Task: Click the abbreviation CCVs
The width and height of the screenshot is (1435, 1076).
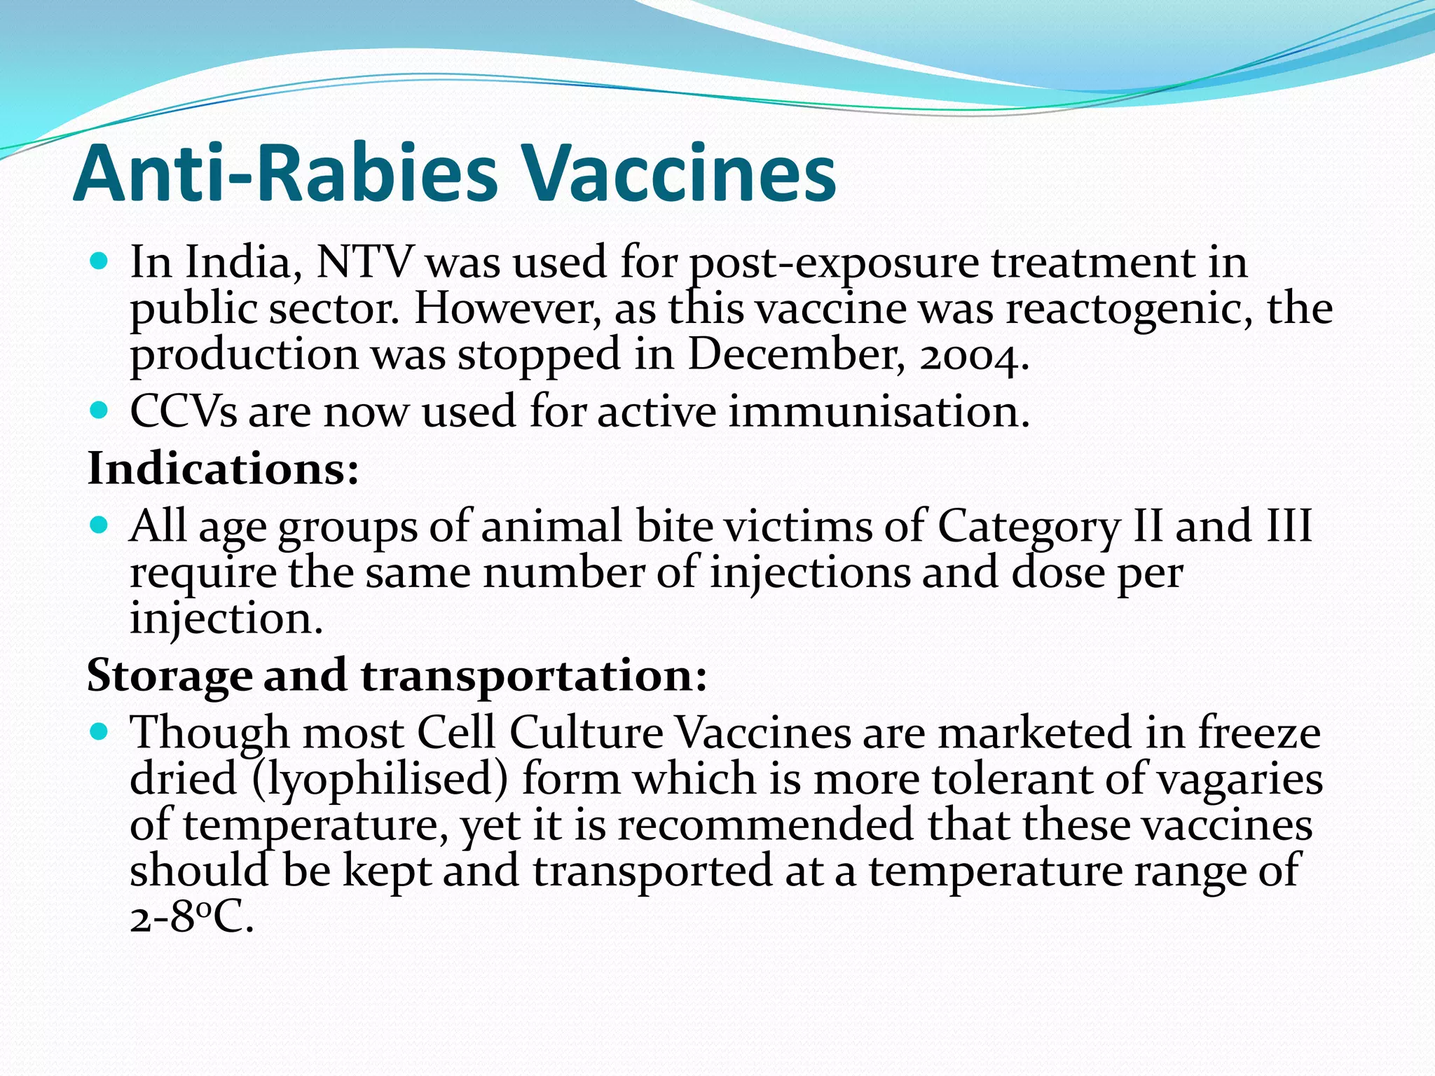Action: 184,411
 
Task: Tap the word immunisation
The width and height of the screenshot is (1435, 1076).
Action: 879,411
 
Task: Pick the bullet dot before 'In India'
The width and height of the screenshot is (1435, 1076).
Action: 99,262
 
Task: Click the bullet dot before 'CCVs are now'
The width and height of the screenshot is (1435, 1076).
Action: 99,410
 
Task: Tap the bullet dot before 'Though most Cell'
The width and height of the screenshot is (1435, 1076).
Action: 99,732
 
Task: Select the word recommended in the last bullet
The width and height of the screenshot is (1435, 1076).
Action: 765,825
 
